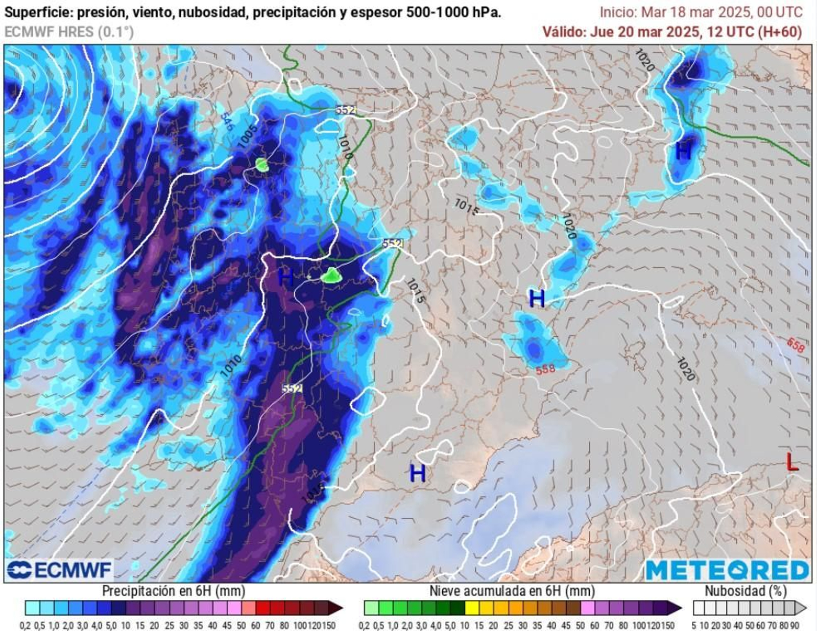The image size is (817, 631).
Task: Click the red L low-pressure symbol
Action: pos(791,462)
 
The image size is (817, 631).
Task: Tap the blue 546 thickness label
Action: pos(227,122)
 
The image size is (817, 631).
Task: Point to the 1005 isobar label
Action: pos(249,136)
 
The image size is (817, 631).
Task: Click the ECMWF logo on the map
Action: pos(60,570)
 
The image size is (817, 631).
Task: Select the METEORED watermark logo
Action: pos(727,570)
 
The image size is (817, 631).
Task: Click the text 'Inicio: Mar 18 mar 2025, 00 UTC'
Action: pos(701,12)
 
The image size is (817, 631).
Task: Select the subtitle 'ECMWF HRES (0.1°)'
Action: pos(69,32)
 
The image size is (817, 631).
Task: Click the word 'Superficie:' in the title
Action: pos(38,12)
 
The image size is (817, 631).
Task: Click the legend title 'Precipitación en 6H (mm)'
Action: pos(174,591)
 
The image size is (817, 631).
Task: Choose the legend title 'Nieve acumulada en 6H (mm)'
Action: pos(512,591)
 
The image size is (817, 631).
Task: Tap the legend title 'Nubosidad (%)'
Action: pos(746,591)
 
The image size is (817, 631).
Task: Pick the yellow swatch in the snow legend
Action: pos(472,608)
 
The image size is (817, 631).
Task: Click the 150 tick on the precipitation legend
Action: pos(328,625)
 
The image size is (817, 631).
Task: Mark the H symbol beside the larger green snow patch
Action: pos(286,278)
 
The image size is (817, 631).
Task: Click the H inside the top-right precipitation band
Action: pos(683,152)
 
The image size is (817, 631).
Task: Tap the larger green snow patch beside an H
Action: pos(331,275)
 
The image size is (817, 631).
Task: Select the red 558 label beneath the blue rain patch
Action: pos(545,369)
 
